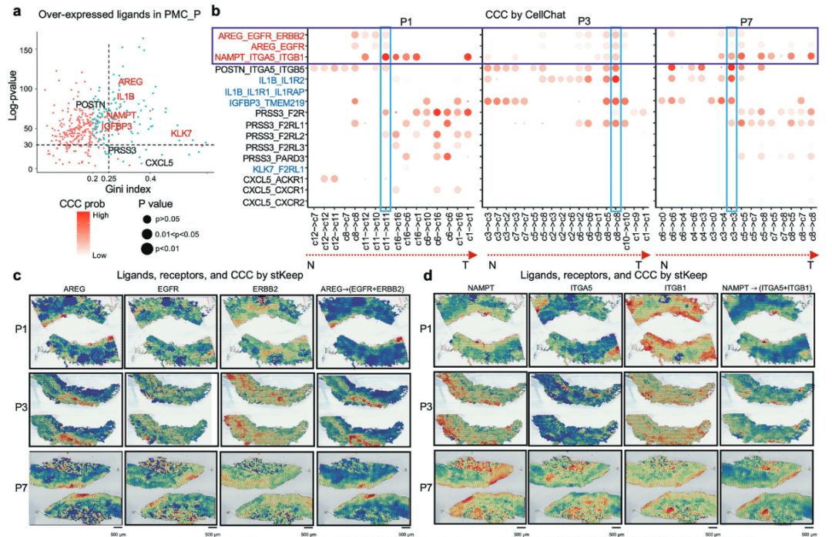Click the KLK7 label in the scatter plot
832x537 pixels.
click(x=181, y=134)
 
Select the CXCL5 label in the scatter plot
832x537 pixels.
click(x=159, y=162)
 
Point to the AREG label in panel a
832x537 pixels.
click(x=130, y=82)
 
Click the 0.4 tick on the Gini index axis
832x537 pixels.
click(x=151, y=178)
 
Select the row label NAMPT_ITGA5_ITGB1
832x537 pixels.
click(x=262, y=58)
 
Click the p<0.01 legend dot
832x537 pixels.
click(x=146, y=248)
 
